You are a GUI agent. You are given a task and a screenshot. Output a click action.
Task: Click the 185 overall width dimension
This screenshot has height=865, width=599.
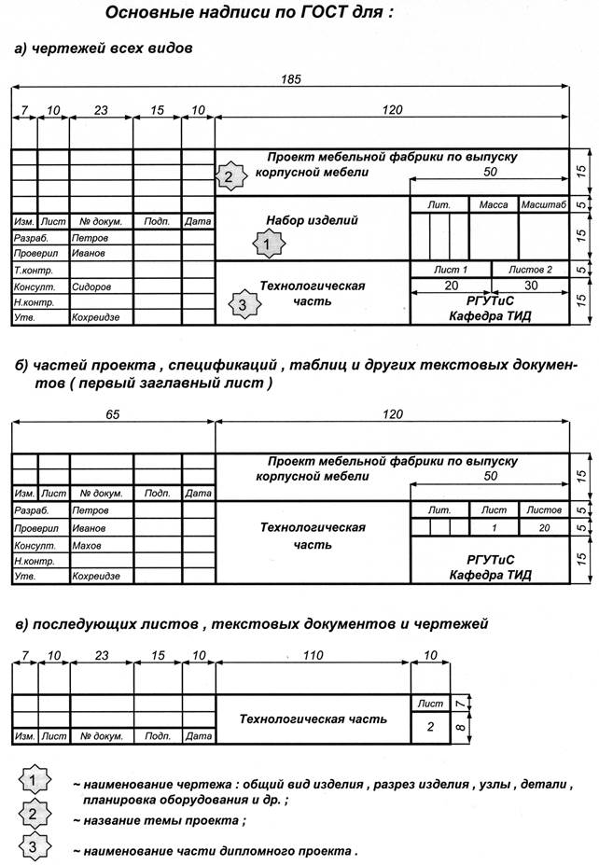point(291,80)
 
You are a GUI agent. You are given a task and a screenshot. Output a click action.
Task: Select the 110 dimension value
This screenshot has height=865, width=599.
point(313,656)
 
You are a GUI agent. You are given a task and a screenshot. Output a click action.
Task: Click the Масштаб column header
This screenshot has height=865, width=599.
point(544,204)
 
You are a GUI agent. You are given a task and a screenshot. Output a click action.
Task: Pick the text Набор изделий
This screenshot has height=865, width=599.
point(312,221)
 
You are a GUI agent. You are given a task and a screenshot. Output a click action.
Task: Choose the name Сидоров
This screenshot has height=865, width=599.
point(91,287)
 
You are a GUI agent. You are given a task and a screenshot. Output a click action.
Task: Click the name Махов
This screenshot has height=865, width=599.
point(87,545)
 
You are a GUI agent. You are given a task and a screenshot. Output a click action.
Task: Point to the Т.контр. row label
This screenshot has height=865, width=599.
point(32,271)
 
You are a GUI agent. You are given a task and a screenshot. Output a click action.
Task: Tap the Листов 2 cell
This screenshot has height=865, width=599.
point(530,270)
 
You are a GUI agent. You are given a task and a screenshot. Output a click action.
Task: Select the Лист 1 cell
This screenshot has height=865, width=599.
point(452,270)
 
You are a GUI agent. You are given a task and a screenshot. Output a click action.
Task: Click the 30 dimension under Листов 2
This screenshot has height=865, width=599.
point(532,285)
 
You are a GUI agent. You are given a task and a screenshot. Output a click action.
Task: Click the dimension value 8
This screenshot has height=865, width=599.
point(460,725)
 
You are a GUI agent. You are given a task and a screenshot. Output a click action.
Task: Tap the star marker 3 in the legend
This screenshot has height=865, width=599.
point(34,847)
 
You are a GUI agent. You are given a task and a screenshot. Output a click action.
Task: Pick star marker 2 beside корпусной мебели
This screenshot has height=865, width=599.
point(229,175)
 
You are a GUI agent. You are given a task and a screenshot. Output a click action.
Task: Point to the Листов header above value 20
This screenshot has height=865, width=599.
point(544,510)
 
